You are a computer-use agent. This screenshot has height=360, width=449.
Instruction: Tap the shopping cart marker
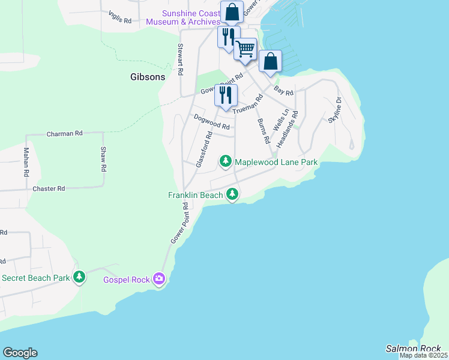coord(245,49)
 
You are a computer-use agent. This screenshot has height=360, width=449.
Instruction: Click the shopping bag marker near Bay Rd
coord(271,61)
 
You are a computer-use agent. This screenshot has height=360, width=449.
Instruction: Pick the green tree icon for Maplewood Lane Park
coord(226,161)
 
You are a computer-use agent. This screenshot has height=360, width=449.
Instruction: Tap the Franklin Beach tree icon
coord(232,194)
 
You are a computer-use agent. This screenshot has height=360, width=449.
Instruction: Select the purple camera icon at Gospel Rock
coord(159,278)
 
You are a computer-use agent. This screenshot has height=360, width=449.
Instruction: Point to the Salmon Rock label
coord(413,349)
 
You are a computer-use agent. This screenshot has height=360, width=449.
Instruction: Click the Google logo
coord(20,353)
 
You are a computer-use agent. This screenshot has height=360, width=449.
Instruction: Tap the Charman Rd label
coord(64,134)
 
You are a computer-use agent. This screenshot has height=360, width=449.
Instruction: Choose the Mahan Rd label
coord(26,162)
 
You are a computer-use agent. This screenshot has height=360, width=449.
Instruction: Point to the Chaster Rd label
coord(49,188)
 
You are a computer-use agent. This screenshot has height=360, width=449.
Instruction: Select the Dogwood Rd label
coord(212,122)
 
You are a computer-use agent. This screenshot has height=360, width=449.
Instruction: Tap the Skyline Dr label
coord(335,110)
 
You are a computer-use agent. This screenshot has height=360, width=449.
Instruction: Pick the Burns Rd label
coord(263,131)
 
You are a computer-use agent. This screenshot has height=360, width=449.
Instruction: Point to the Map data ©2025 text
coord(423,355)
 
